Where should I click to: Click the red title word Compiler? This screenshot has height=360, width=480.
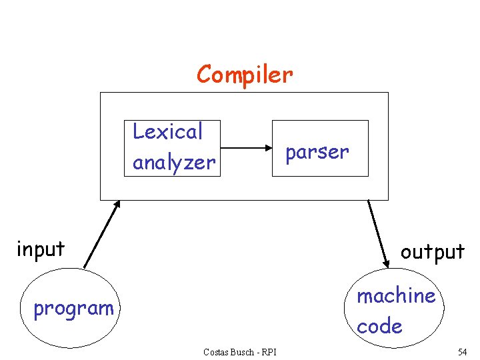pos(245,74)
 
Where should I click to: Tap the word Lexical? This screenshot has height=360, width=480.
pos(167,132)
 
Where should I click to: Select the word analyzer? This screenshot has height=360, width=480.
pos(174,162)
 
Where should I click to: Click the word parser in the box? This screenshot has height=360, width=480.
pos(317,152)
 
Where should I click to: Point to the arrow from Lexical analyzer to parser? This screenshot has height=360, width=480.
pos(245,148)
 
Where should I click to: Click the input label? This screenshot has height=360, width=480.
pos(41,249)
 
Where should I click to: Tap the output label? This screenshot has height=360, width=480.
pos(432,251)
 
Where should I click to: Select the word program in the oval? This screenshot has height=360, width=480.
pos(73,308)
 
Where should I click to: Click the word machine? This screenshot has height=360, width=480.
pos(396,295)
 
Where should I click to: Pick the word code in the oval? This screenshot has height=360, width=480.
pos(379,326)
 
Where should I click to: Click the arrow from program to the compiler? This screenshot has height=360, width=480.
pos(101,234)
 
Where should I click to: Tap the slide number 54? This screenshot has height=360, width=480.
pos(462,351)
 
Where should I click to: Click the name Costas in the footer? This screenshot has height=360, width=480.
pos(217,352)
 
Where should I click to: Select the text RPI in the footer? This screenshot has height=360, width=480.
pos(269,352)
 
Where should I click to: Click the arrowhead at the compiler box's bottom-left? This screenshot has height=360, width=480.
pos(117,205)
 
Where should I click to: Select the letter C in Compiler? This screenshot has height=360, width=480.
pos(204,74)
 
